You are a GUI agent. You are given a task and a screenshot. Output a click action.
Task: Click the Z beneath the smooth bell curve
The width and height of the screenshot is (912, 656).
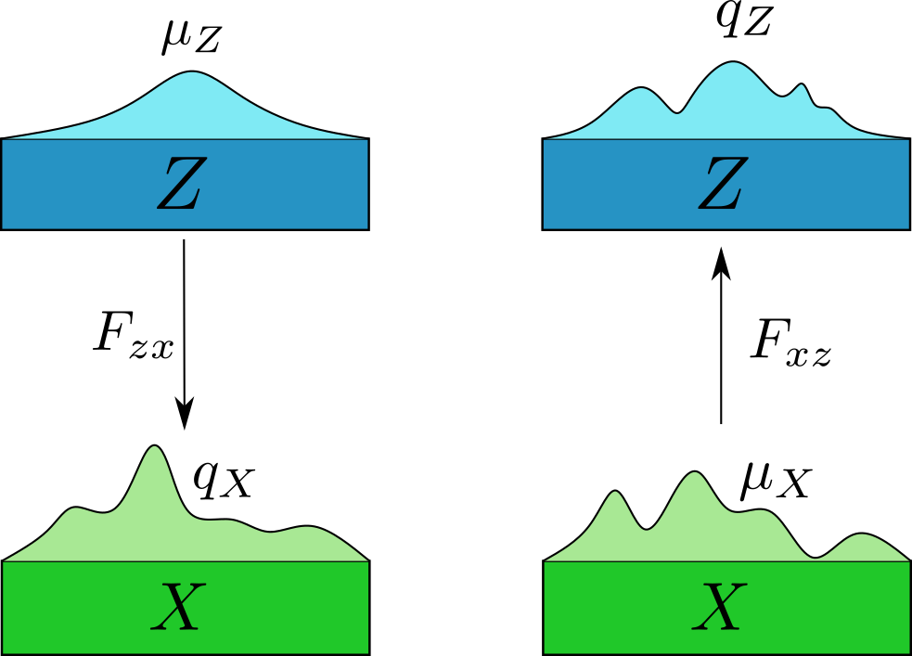[180, 184]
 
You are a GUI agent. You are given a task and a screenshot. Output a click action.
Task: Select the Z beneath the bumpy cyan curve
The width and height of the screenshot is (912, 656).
[722, 184]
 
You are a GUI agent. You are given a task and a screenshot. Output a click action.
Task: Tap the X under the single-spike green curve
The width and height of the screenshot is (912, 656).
[178, 608]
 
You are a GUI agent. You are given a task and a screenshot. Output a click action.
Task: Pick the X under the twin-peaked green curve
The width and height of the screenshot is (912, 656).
[720, 608]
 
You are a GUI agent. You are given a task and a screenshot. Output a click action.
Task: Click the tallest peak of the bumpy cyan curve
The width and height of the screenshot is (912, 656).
[733, 65]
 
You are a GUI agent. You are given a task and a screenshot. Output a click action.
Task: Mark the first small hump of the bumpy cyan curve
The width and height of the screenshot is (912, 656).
[641, 90]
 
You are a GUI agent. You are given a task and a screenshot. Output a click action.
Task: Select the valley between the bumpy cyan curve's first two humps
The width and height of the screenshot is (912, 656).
[679, 112]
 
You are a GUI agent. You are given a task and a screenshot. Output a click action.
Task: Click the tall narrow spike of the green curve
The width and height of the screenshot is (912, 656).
[155, 449]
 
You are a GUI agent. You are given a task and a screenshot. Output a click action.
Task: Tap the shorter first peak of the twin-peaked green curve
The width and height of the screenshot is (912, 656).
[614, 494]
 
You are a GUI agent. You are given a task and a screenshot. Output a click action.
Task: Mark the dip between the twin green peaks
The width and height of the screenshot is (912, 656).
[647, 528]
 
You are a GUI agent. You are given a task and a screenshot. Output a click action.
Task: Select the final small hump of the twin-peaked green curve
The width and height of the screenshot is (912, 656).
[863, 536]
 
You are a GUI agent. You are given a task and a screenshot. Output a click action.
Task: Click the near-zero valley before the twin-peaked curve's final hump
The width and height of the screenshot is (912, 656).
[815, 557]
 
